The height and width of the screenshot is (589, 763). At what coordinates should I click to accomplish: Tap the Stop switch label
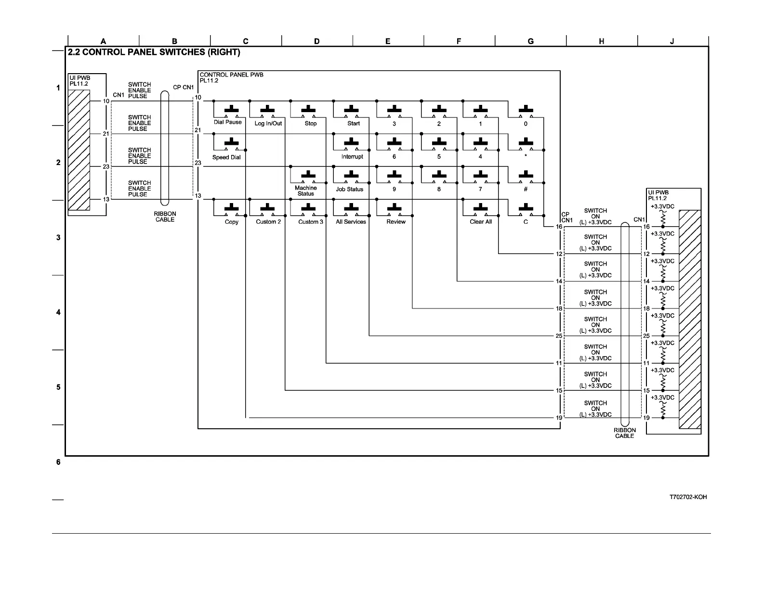(311, 124)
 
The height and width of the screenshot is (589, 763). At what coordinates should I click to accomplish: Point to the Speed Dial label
(226, 157)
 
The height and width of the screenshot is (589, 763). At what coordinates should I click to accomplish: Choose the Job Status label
(349, 189)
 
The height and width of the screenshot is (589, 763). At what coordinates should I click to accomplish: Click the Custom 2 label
(268, 222)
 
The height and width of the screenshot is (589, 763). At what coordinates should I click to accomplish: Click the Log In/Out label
(268, 124)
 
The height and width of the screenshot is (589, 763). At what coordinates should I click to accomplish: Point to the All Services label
(351, 222)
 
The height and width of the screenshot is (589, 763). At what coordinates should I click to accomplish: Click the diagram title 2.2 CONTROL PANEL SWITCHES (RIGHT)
(154, 52)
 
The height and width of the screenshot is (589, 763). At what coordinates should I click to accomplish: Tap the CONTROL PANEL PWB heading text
(231, 75)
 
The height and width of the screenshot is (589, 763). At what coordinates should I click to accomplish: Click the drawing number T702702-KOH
(688, 497)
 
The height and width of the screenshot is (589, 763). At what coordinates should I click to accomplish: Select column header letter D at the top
(316, 41)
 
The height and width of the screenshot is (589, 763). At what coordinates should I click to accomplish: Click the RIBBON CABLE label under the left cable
(165, 217)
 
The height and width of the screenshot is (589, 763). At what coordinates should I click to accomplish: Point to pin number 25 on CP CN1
(559, 336)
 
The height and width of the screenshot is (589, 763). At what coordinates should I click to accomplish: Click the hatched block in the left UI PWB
(79, 150)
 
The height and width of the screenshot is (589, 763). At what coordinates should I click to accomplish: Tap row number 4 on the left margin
(58, 312)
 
